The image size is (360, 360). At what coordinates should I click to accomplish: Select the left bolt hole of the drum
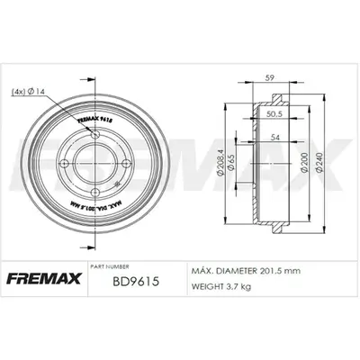tap(71, 164)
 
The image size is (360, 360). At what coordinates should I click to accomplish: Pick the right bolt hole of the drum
tap(127, 163)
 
